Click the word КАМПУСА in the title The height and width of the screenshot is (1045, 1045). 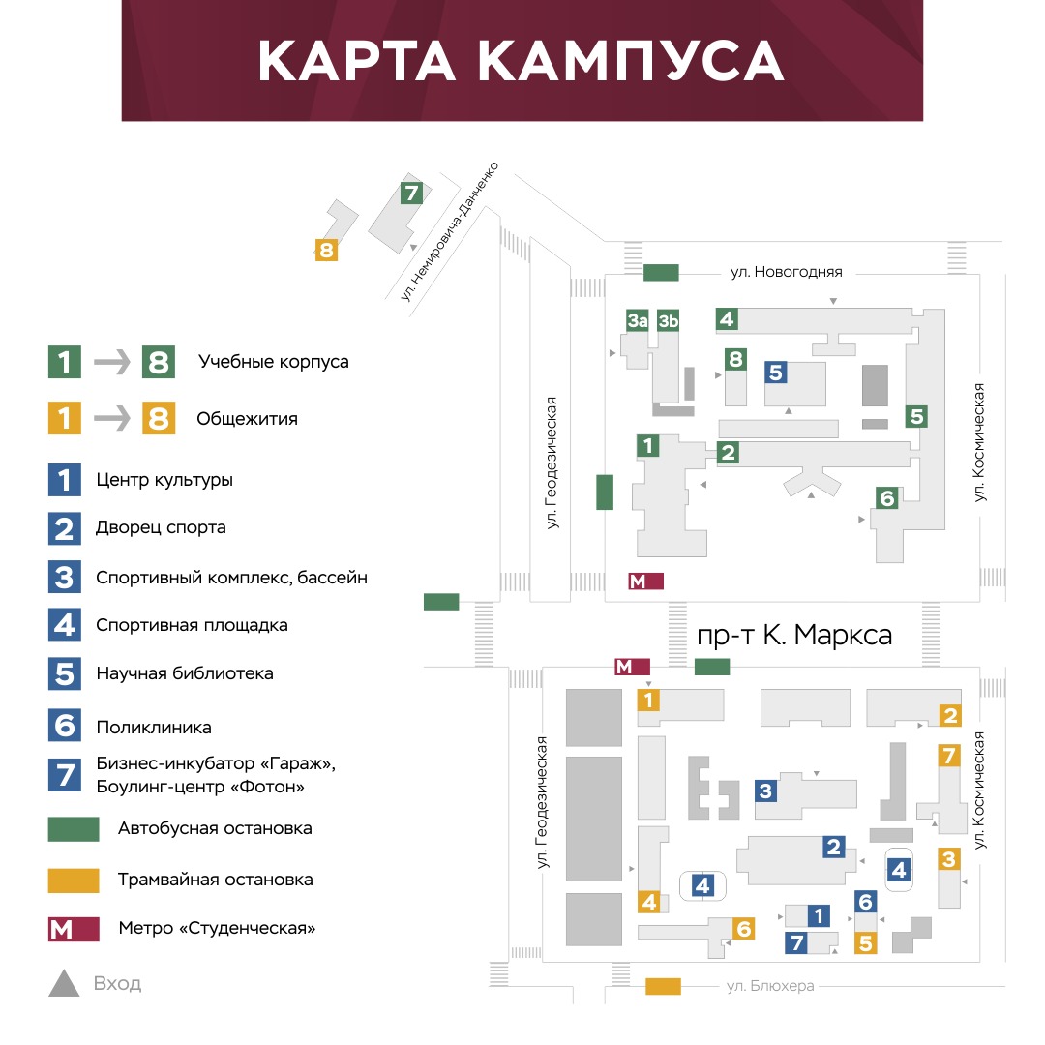631,61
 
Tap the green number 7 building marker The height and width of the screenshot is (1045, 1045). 411,194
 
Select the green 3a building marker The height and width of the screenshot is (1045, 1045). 637,320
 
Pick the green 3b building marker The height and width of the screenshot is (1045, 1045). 668,320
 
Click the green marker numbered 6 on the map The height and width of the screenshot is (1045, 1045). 886,498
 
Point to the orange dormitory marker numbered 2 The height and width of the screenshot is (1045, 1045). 950,716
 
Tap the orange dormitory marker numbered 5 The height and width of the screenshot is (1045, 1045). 865,943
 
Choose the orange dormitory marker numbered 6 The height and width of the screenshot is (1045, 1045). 743,928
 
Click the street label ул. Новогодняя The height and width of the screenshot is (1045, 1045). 786,272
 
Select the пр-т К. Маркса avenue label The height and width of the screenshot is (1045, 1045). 793,635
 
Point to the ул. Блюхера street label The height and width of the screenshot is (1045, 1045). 770,986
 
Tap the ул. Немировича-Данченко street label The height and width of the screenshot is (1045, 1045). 449,230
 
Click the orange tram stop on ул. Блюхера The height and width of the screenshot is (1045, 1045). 663,986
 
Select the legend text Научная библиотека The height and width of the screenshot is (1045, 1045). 185,673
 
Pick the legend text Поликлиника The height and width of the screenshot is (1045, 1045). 154,727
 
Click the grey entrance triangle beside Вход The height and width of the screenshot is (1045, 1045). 64,984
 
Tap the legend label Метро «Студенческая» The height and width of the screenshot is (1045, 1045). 217,928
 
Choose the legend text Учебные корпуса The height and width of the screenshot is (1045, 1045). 273,362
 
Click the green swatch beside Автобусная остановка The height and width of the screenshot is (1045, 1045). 74,829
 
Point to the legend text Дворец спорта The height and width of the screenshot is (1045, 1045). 161,528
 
